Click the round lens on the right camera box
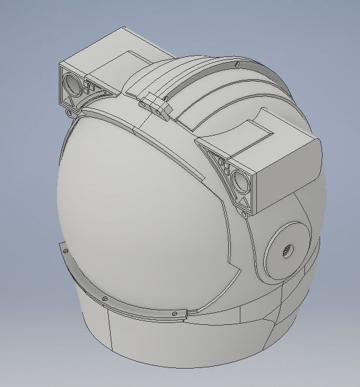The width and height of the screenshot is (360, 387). point(241,180)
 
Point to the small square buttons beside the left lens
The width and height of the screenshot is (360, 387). point(90,86)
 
